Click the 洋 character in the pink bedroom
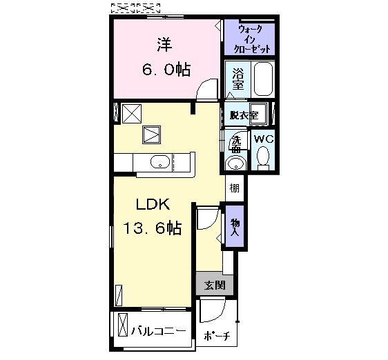164,45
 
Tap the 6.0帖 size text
166,70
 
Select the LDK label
153,204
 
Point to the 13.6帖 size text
153,228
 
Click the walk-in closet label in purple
252,39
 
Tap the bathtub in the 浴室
263,79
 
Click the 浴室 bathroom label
237,79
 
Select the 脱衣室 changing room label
244,115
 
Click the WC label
264,139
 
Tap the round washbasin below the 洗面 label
236,163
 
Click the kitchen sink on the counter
160,162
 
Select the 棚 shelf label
235,189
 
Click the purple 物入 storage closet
235,226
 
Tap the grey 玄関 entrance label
215,286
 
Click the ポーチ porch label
217,336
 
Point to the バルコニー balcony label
158,331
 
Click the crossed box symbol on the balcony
123,325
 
